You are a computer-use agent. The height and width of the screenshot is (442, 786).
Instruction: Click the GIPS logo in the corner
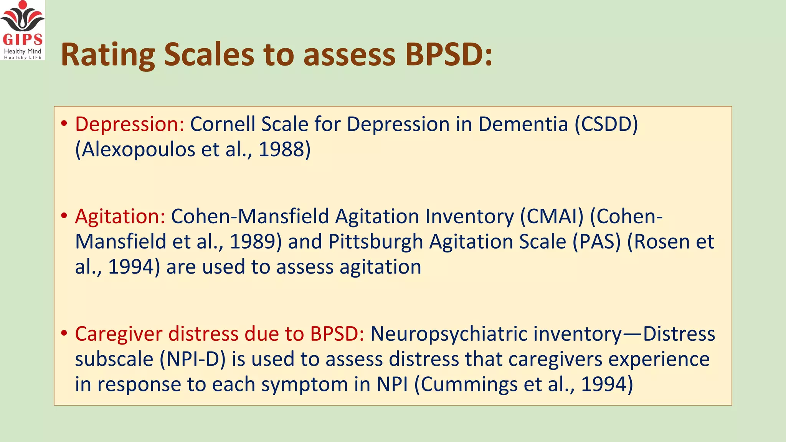pos(23,30)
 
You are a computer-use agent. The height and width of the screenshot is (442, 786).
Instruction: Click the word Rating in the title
pos(108,55)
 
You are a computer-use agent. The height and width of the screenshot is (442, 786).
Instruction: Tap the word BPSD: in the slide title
pos(449,55)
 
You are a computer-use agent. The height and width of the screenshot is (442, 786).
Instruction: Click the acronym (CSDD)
pos(606,124)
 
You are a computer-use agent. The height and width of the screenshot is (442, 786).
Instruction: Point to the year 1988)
pos(284,149)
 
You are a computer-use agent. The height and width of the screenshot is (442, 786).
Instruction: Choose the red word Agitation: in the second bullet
pos(120,216)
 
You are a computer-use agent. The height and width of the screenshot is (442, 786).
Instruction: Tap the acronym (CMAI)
pos(552,216)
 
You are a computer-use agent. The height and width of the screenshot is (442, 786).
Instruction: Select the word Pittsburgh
pos(376,242)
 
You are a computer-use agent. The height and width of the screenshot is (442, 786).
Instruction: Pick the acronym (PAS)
pos(596,242)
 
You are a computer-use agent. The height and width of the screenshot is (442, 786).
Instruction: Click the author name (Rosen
pos(652,242)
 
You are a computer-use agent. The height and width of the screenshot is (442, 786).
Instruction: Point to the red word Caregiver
pos(119,334)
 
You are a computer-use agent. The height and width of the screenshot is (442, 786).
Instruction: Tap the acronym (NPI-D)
pos(192,359)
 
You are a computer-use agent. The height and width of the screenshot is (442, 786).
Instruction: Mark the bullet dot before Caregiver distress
pos(64,333)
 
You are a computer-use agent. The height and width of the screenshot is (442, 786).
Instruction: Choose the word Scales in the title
pos(209,55)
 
